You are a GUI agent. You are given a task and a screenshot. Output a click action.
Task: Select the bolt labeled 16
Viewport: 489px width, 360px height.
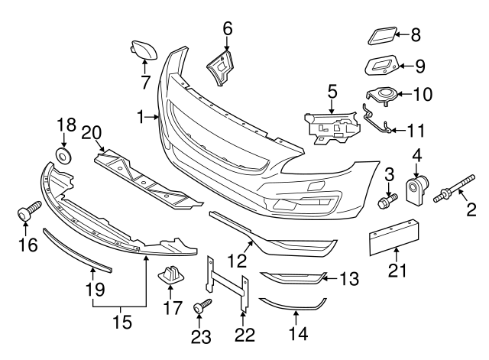[x=28, y=211]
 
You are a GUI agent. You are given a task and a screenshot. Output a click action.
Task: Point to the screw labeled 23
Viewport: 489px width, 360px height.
[x=200, y=308]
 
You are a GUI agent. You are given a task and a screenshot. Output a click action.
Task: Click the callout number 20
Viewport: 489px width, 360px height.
[x=92, y=131]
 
